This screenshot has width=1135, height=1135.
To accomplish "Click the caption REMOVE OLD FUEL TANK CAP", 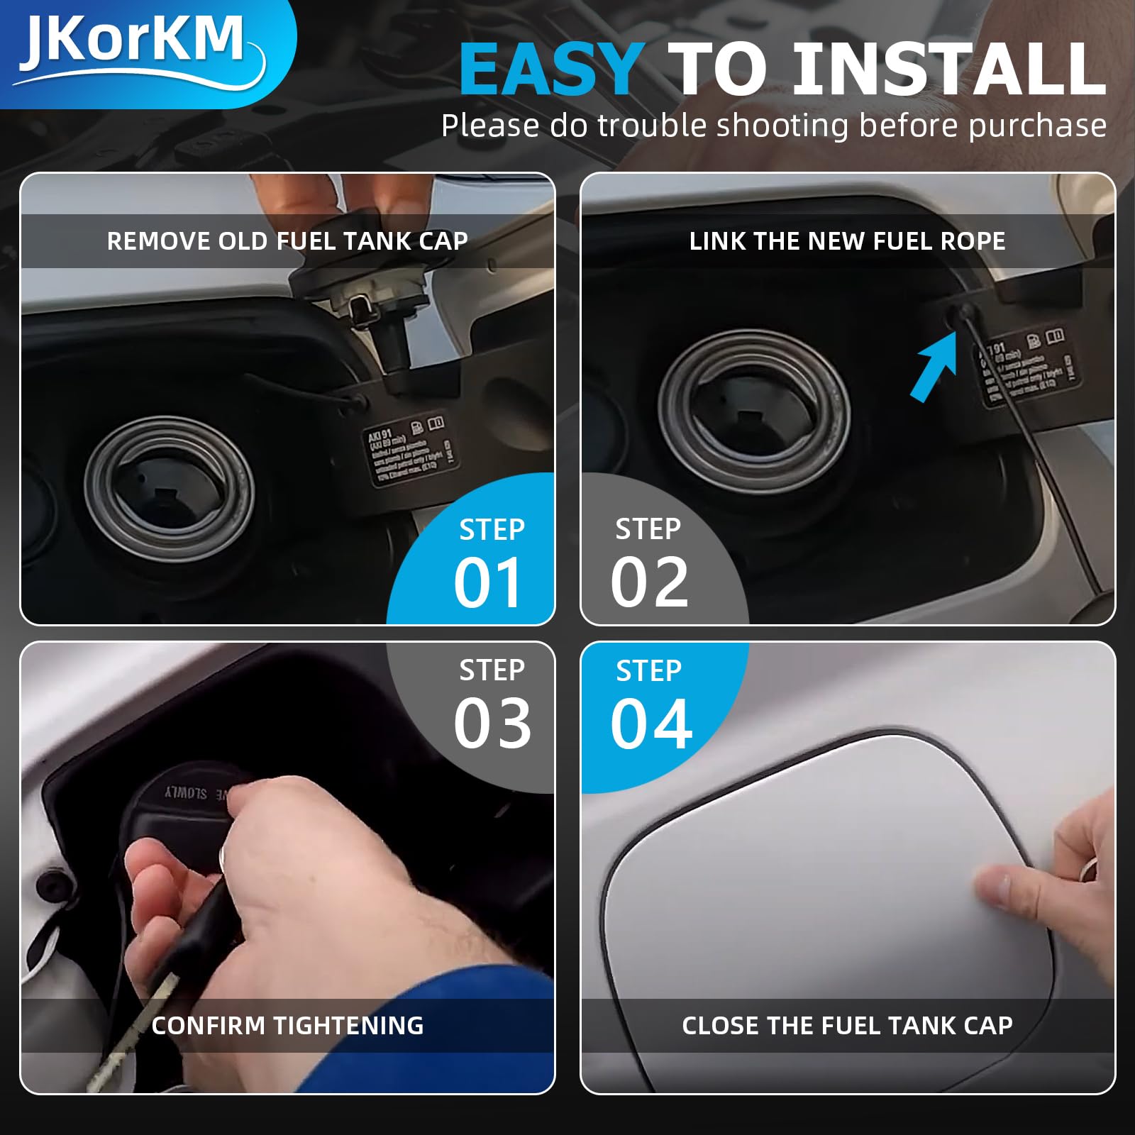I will click(x=287, y=241).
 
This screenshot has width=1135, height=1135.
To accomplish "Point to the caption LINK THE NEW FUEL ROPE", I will click(x=847, y=241).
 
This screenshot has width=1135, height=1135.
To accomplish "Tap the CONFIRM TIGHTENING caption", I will click(x=287, y=1025).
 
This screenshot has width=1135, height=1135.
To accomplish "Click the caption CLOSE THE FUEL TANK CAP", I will click(x=847, y=1025).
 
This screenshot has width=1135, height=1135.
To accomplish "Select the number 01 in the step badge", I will click(x=488, y=583).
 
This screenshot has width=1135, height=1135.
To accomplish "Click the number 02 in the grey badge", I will click(x=649, y=583).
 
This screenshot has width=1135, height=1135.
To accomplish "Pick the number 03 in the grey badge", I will click(x=492, y=724).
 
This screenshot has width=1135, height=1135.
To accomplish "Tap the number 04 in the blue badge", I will click(x=650, y=724).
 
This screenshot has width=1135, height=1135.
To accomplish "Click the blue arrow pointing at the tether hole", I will click(x=935, y=372).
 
